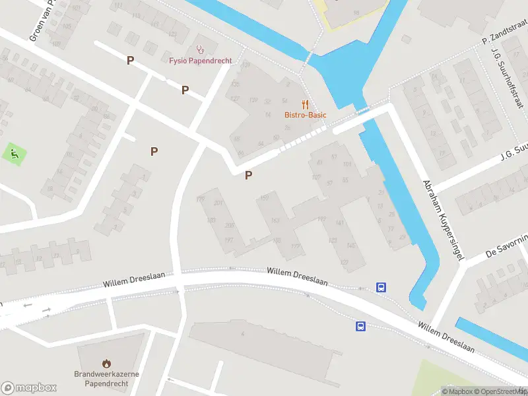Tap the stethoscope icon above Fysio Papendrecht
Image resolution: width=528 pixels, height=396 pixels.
click(x=201, y=49)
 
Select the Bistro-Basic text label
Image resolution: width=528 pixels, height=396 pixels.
click(x=306, y=115)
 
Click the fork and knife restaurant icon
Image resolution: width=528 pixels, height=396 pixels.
click(x=305, y=104)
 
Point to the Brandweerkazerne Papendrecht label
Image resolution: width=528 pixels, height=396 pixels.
click(x=106, y=378)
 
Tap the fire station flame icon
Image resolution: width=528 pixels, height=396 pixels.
click(x=106, y=363)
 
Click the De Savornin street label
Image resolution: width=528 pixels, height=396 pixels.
click(x=507, y=246)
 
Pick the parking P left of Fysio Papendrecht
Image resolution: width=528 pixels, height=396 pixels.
click(x=131, y=60)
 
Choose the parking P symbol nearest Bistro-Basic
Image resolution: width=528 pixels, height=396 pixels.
click(x=248, y=175)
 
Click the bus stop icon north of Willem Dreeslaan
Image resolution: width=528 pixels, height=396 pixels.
click(x=381, y=287)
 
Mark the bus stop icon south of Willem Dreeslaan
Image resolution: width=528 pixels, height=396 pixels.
click(x=361, y=326)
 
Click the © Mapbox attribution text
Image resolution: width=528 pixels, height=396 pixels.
click(x=456, y=391)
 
